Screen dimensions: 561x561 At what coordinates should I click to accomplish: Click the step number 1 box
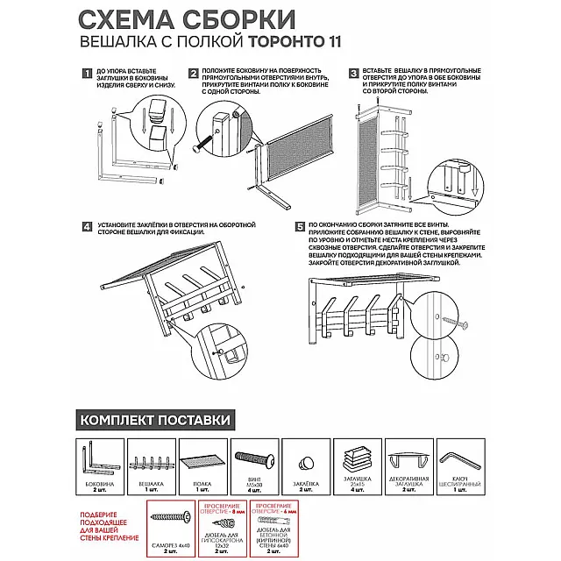pos(86,75)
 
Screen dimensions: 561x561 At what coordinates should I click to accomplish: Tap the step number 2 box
pos(193,75)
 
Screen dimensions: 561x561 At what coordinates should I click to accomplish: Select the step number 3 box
pos(354,75)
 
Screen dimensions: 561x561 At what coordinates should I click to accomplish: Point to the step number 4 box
pos(86,227)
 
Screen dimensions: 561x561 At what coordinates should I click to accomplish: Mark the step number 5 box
pos(301,227)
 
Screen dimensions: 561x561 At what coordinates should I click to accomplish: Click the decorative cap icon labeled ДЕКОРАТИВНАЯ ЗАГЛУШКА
pos(407,460)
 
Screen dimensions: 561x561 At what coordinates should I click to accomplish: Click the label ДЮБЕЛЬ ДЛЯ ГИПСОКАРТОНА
pos(221,541)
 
